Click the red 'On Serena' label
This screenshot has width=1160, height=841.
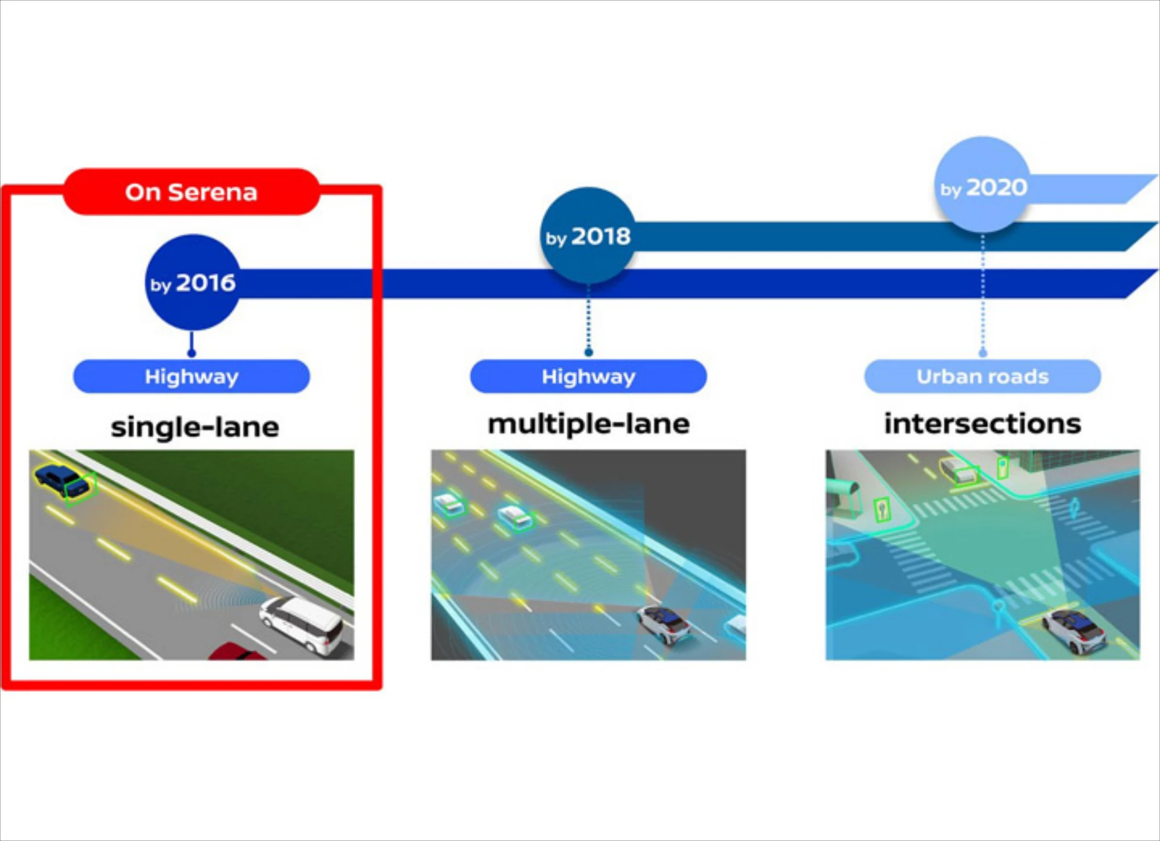tap(191, 192)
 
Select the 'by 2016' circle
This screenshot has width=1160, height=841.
tap(193, 282)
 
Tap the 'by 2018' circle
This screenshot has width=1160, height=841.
tap(588, 236)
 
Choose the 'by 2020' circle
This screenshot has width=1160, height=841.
tap(982, 186)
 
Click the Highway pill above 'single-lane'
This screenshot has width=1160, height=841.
tap(191, 377)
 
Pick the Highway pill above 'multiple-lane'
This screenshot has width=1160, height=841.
tap(588, 377)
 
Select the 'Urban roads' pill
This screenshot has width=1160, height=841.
tap(982, 377)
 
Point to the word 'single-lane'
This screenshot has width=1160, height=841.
tap(195, 427)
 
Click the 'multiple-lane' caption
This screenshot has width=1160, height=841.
tap(588, 424)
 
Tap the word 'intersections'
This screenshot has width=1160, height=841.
tap(982, 424)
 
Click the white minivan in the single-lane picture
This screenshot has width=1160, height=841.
tap(302, 624)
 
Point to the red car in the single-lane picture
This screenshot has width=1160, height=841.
tap(237, 652)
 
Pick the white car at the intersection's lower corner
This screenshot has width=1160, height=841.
tap(1076, 630)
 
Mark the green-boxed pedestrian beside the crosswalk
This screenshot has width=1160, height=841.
tap(883, 510)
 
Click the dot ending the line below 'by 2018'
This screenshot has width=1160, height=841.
tap(588, 352)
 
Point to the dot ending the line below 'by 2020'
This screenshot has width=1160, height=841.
tap(983, 352)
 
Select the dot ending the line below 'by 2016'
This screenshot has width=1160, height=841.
tap(192, 353)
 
